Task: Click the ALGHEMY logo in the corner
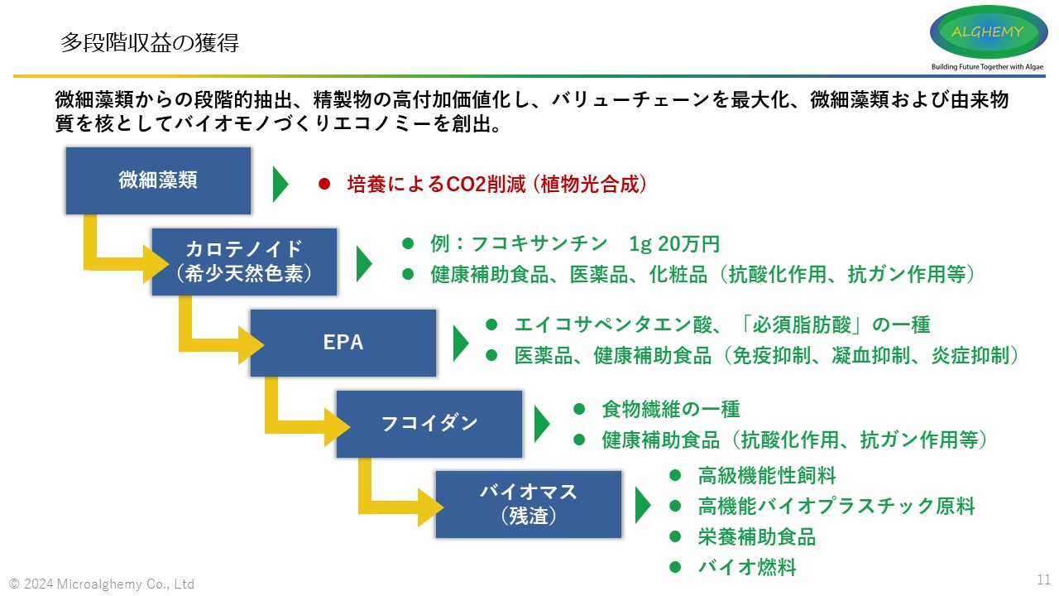point(988,32)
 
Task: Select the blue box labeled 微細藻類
point(158,180)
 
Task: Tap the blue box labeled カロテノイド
point(244,262)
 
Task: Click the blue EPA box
point(343,343)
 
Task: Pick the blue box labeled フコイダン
point(429,424)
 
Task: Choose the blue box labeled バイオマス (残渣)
point(528,504)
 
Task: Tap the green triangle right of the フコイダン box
point(542,424)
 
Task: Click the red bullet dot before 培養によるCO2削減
point(324,184)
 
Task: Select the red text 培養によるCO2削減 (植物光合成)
point(496,184)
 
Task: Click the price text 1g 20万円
point(674,244)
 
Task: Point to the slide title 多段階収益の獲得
point(150,43)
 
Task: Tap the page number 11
point(1043,579)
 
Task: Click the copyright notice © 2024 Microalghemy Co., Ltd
point(102,584)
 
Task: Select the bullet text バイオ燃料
point(746,567)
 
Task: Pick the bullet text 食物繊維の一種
point(670,409)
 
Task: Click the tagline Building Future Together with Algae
point(988,67)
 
